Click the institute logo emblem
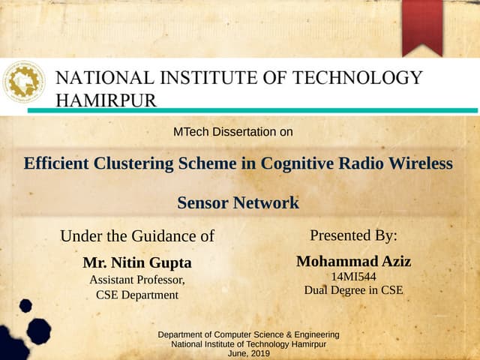pos(24,83)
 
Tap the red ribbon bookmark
pos(421,26)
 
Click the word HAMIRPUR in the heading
pos(106,100)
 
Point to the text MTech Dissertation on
pos(232,133)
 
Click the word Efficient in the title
pos(55,163)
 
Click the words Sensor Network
pos(238,202)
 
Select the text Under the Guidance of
pos(137,236)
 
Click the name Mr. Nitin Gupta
pos(137,263)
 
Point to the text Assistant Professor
pos(136,280)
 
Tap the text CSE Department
pos(137,295)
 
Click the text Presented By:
pos(353,235)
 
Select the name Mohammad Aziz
pos(353,261)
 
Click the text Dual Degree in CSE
pos(353,290)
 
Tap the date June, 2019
pos(248,353)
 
